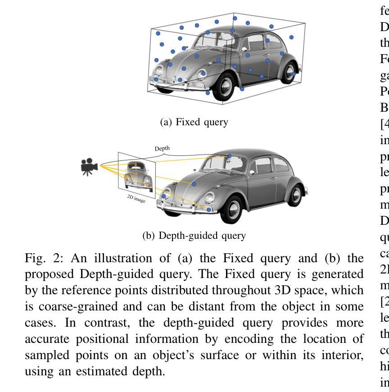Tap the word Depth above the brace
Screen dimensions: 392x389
pos(162,148)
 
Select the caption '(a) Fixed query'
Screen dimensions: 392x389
pos(194,122)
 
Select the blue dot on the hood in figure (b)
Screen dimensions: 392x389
pos(194,184)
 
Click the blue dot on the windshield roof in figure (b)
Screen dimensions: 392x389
pos(230,156)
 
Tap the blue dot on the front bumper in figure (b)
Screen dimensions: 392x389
pos(209,210)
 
